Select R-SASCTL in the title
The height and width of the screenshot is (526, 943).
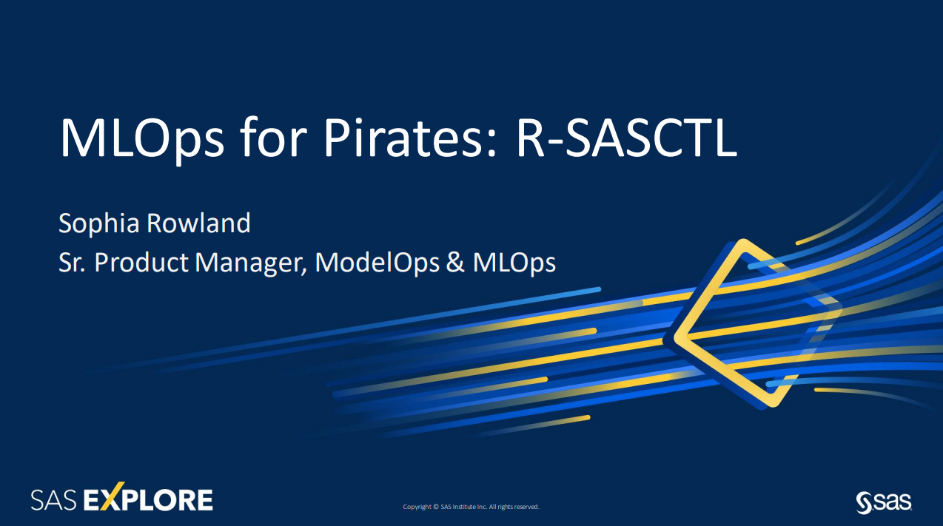(x=626, y=138)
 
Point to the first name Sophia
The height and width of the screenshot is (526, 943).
(x=99, y=223)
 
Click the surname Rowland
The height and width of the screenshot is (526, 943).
(x=198, y=223)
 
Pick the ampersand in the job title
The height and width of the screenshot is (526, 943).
(x=455, y=263)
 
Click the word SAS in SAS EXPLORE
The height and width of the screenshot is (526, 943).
(x=53, y=500)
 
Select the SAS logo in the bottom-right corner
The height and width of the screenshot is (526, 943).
(x=884, y=502)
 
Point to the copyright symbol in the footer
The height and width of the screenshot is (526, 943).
(x=436, y=507)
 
